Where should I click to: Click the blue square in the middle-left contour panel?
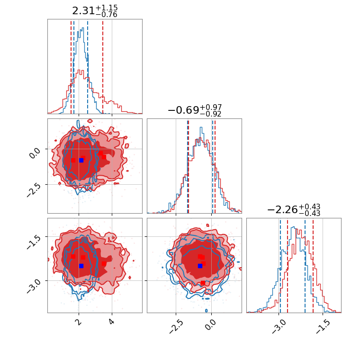click(x=81, y=160)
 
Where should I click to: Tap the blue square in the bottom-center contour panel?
click(x=200, y=266)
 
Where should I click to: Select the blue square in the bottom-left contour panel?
click(x=81, y=266)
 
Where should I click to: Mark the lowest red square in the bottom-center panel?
click(x=203, y=283)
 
